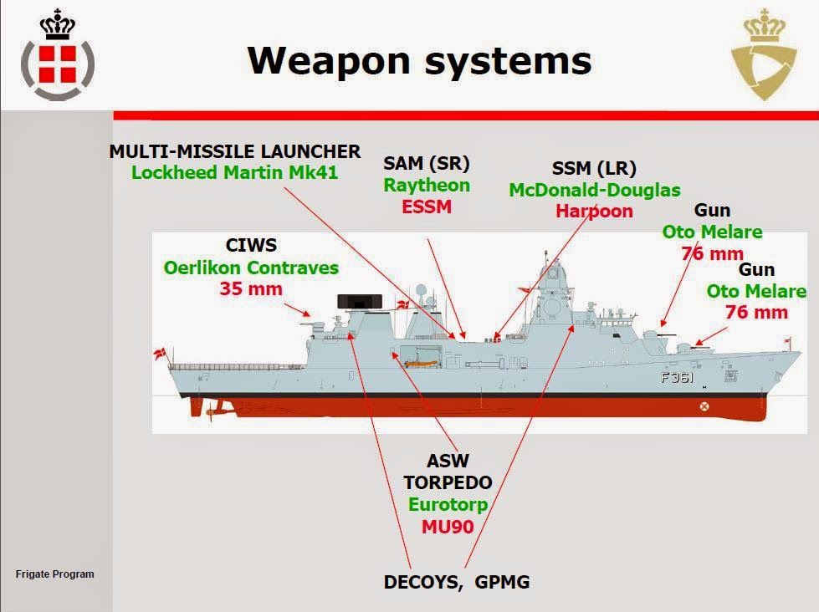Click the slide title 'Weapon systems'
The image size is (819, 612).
pyautogui.click(x=419, y=60)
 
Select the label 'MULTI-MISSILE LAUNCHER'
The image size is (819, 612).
pyautogui.click(x=235, y=151)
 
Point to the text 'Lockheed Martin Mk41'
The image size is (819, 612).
pyautogui.click(x=234, y=173)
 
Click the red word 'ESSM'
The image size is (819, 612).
pyautogui.click(x=427, y=207)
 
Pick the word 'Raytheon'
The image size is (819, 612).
pyautogui.click(x=427, y=185)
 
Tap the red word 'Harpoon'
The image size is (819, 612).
pyautogui.click(x=595, y=211)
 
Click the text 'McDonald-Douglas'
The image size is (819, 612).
pyautogui.click(x=595, y=191)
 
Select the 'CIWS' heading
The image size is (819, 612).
pyautogui.click(x=251, y=246)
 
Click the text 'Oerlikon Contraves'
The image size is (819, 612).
pyautogui.click(x=251, y=268)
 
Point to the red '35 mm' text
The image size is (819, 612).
pyautogui.click(x=251, y=289)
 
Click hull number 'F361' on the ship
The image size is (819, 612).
pyautogui.click(x=678, y=377)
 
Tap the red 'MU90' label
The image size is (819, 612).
pyautogui.click(x=448, y=527)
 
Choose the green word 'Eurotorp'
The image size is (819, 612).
pyautogui.click(x=448, y=505)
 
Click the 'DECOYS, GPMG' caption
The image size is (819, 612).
pyautogui.click(x=457, y=583)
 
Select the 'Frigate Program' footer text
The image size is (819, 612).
pyautogui.click(x=55, y=574)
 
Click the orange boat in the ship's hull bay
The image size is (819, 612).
pyautogui.click(x=418, y=364)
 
